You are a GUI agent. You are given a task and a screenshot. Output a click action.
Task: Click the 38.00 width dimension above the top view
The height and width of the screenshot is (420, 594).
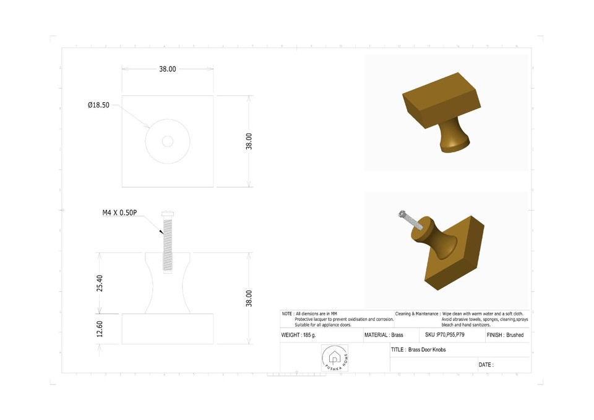(x=168, y=69)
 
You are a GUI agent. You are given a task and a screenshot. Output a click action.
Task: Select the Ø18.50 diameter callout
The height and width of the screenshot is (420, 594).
(x=98, y=105)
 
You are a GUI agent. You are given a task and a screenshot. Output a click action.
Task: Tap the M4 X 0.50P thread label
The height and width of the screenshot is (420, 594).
(x=119, y=212)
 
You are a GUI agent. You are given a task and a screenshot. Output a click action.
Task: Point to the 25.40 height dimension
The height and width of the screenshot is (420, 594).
(x=100, y=282)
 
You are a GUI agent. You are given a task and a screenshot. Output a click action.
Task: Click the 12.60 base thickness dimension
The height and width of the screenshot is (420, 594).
(x=100, y=329)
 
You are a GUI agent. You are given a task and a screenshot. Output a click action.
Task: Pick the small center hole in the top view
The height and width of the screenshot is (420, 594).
(x=168, y=141)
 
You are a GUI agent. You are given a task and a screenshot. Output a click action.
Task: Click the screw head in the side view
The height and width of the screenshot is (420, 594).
(x=168, y=213)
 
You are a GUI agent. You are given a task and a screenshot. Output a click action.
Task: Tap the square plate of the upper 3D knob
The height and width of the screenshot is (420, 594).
(x=441, y=100)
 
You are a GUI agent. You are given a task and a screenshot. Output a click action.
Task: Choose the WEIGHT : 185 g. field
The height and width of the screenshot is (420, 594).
(x=299, y=335)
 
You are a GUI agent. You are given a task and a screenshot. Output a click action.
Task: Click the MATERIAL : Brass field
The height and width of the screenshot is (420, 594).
(x=384, y=335)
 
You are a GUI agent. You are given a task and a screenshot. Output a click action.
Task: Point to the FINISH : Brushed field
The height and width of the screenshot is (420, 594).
(x=505, y=335)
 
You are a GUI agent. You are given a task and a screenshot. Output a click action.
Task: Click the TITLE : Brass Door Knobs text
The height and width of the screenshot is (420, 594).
(x=418, y=350)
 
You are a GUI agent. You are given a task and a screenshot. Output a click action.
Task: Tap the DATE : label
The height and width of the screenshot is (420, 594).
(x=486, y=365)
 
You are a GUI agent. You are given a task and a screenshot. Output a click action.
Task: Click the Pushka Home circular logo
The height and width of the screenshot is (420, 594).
(x=335, y=358)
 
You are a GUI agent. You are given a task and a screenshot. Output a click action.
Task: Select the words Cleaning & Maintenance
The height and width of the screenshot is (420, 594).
(x=417, y=314)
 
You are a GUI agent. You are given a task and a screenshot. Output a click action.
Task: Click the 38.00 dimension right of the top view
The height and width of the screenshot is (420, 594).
(x=249, y=141)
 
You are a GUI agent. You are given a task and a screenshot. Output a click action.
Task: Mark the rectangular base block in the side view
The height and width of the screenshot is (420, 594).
(x=168, y=329)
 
